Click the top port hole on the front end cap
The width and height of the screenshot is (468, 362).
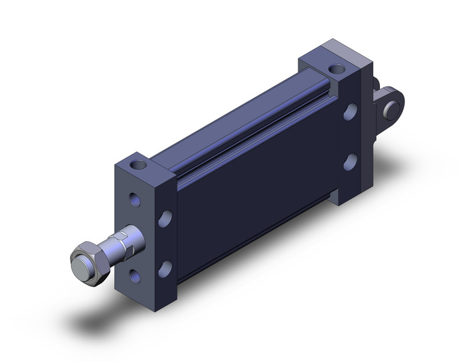pos(141,165)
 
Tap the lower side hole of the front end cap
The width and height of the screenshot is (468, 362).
pos(165,269)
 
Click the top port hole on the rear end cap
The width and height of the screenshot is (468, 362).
pos(336,68)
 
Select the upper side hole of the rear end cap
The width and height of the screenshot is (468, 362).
pos(350,112)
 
